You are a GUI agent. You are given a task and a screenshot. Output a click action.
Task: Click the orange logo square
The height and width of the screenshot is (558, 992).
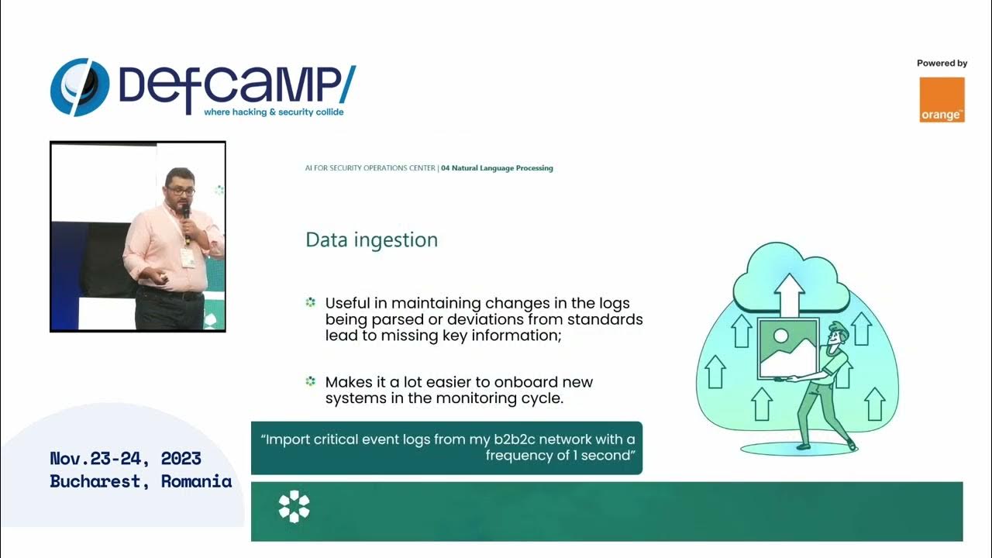(x=942, y=99)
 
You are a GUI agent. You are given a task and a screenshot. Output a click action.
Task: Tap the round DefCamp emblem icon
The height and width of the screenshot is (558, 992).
(x=80, y=87)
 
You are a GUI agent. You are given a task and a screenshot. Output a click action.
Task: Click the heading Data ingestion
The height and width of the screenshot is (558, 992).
(x=371, y=240)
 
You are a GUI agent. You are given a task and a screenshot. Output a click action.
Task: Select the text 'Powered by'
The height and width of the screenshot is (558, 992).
(x=942, y=64)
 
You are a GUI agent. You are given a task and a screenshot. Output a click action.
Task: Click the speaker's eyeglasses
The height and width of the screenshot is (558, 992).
(x=181, y=190)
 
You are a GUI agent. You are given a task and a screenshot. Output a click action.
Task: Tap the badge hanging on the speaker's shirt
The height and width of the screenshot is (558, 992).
(x=188, y=258)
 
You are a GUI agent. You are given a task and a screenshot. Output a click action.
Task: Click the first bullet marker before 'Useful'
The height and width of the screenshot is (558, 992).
(x=311, y=302)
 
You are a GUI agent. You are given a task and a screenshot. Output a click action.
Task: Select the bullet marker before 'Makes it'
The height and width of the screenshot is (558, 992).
(x=311, y=381)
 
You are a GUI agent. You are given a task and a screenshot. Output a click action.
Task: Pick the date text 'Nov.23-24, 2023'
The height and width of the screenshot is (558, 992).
(x=126, y=458)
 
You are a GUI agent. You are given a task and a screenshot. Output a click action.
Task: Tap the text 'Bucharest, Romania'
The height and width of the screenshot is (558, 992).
(x=140, y=481)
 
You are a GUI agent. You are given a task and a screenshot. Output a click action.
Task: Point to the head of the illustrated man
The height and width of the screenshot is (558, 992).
(x=838, y=332)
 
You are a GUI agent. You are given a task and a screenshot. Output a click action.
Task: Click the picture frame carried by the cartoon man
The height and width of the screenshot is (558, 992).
(x=787, y=348)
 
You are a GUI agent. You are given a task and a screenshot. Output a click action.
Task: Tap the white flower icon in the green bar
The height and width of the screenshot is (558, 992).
(x=294, y=506)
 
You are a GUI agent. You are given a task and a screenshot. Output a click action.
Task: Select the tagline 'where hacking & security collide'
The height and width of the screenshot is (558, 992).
(x=273, y=112)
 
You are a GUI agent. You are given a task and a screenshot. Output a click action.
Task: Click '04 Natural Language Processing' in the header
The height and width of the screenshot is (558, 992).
(x=497, y=168)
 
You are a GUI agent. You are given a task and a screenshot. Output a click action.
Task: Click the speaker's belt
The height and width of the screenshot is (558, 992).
(x=169, y=294)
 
